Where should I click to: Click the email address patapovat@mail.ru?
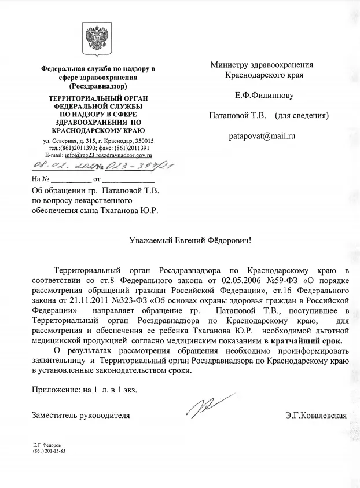click(262, 137)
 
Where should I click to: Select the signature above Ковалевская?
click(209, 406)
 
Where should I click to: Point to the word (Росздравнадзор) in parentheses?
click(98, 86)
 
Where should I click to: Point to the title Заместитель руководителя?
click(81, 415)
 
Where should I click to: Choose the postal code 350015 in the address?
click(142, 141)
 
